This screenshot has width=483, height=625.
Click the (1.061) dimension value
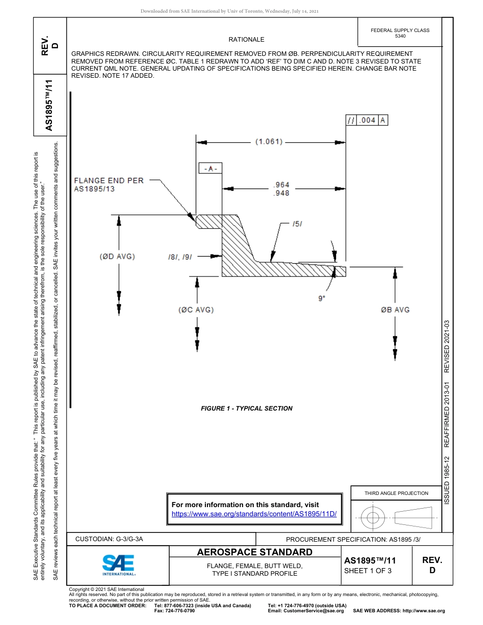268,142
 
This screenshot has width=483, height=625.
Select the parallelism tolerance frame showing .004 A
367,120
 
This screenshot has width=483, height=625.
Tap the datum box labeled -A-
210,169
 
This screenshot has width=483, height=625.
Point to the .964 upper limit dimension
281,185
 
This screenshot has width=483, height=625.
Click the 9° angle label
321,299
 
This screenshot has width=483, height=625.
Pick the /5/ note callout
299,224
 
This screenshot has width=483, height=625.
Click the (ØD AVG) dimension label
117,257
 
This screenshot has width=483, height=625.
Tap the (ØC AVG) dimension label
196,310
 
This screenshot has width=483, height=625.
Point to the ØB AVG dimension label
395,310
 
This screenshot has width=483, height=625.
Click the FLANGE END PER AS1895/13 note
109,184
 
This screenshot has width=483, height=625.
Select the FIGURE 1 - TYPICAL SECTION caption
247,408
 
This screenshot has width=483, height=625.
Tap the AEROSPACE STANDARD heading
255,552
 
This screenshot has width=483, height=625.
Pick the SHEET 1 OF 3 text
368,570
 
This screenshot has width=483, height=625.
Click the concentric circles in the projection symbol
373,518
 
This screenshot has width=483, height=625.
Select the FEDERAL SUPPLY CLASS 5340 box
400,33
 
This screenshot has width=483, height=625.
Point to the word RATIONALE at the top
247,40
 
